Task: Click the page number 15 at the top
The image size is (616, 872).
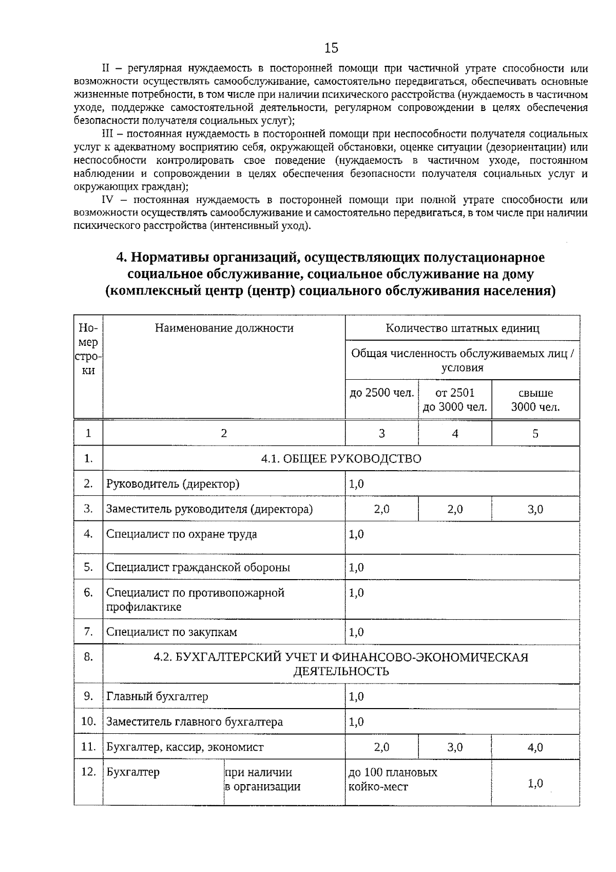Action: pos(332,48)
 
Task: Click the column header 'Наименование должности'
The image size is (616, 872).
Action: pos(224,328)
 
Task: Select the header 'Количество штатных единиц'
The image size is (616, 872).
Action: pos(463,328)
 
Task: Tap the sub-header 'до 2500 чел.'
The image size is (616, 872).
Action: pos(381,393)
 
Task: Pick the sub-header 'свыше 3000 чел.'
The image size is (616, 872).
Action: pos(535,400)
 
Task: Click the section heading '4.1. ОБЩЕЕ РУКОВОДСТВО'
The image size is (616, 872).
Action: pos(341,459)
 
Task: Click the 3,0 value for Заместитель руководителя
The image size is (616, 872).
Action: pos(535,509)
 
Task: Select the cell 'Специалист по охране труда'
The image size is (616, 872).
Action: pos(182,534)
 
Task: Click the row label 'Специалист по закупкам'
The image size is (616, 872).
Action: pos(171,633)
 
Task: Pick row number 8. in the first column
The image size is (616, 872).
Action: pos(88,657)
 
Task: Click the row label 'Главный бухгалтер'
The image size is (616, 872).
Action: pos(157,697)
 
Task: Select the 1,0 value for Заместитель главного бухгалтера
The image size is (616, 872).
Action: pos(356,722)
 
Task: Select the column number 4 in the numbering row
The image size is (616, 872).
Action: pos(455,434)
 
